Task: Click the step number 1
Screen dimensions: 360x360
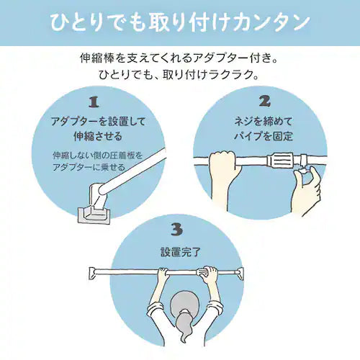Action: point(94,102)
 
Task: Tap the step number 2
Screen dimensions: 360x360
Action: point(265,102)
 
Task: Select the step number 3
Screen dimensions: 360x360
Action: point(177,229)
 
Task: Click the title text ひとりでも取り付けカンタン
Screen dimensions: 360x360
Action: point(180,23)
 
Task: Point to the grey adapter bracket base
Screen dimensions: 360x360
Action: point(94,215)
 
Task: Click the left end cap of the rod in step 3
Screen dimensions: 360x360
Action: point(92,273)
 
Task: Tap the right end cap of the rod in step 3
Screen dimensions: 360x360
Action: point(240,274)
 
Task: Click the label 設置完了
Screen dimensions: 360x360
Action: point(180,252)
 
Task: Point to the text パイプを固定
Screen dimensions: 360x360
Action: point(264,136)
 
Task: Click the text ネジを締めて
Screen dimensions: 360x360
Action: point(264,121)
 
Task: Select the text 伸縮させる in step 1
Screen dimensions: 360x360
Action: point(98,136)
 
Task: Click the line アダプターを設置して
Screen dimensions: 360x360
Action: point(98,121)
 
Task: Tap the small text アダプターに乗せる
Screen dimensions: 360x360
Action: point(89,167)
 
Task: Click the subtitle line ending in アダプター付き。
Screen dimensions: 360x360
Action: point(179,58)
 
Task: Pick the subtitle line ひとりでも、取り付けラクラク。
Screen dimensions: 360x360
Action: point(179,75)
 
